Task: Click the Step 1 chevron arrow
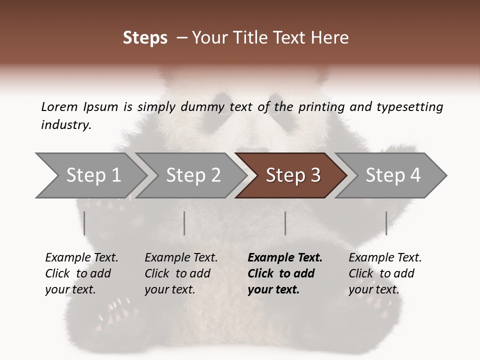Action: tap(93, 175)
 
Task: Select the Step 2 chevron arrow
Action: tap(193, 175)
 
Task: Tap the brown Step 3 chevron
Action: tap(293, 175)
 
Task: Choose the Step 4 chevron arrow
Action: tap(393, 175)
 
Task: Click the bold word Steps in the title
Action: tap(145, 38)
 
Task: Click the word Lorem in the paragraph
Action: tap(59, 106)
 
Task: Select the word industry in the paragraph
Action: tap(65, 125)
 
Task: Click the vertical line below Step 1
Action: tap(84, 223)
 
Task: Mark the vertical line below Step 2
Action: tap(184, 223)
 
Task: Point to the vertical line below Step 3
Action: tap(285, 223)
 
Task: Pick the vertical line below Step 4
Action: tap(386, 223)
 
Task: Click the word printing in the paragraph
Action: tap(319, 106)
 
